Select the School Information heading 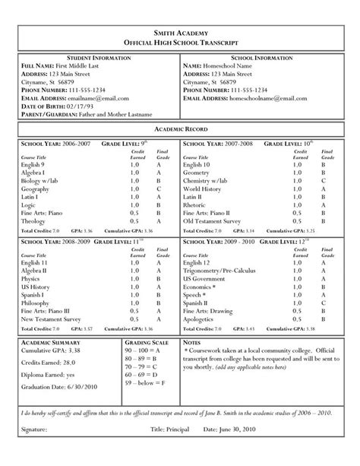pyautogui.click(x=263, y=58)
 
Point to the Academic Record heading pyautogui.click(x=180, y=132)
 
